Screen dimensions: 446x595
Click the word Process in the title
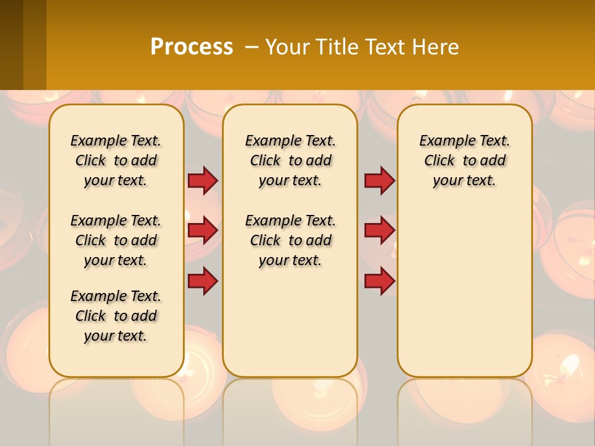[192, 47]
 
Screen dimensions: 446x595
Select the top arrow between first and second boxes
[203, 181]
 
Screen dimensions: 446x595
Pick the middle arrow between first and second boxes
[203, 230]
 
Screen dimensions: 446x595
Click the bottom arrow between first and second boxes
[203, 281]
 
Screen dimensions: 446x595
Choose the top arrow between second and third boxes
[379, 181]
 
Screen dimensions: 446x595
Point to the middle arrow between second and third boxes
[379, 230]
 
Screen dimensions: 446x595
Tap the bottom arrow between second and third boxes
[379, 281]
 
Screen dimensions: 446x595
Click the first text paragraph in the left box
[116, 160]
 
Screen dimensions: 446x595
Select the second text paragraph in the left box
[116, 240]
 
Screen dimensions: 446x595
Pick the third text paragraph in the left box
[116, 316]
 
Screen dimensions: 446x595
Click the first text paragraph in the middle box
[291, 160]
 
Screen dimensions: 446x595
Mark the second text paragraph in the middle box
[291, 240]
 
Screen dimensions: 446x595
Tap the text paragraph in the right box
[465, 160]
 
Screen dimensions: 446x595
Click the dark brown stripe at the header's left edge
[11, 45]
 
